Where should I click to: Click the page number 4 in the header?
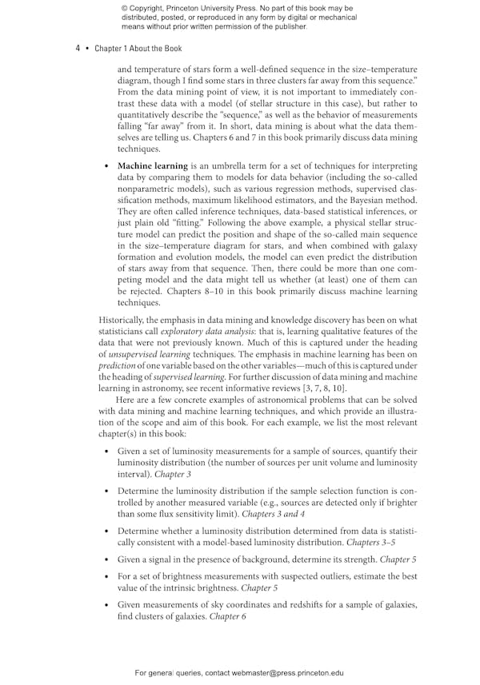[x=78, y=49]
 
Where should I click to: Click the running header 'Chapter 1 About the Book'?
[x=138, y=49]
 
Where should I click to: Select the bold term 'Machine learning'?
[x=152, y=165]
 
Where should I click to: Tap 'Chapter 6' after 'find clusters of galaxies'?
[x=228, y=616]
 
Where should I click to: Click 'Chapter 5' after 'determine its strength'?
[x=398, y=559]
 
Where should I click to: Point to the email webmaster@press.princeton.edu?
[x=274, y=673]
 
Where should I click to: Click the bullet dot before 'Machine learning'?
[x=107, y=165]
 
